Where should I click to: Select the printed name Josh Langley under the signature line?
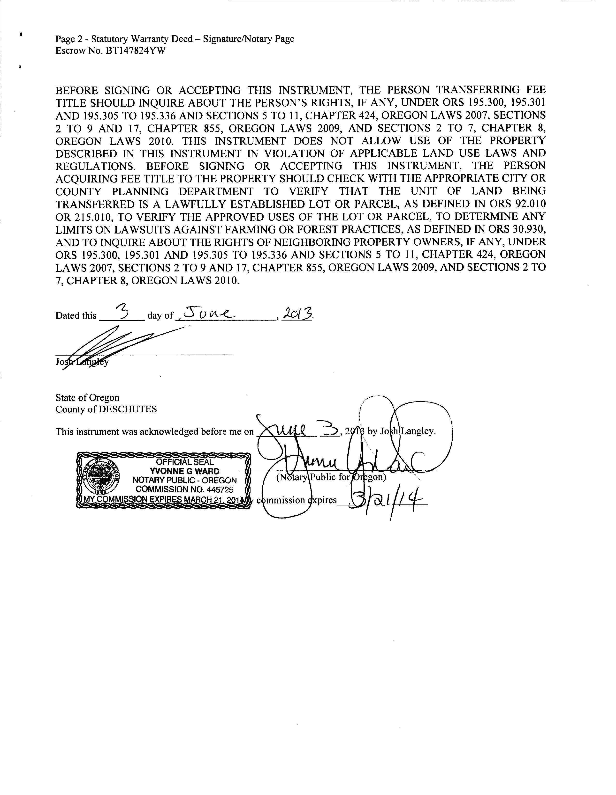82,362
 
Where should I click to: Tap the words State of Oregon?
87,397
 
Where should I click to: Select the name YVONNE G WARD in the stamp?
185,471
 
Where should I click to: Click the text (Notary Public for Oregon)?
331,477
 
